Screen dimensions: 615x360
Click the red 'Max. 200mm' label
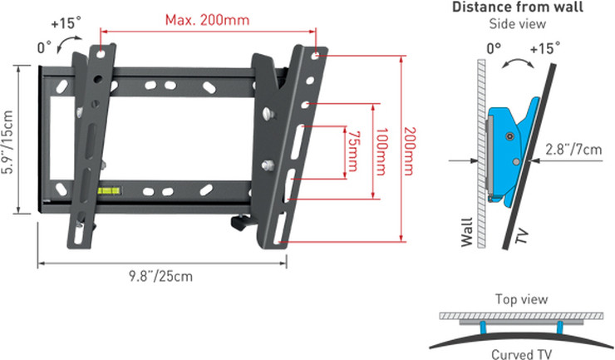click(x=207, y=20)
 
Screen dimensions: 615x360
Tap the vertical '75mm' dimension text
click(x=352, y=151)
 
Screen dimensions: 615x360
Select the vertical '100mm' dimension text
click(x=381, y=151)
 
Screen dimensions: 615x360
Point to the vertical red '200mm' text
click(x=409, y=151)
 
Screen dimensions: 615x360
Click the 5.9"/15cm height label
click(x=7, y=142)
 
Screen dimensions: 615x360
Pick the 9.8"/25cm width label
click(x=160, y=276)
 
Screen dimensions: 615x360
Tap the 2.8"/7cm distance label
click(x=573, y=149)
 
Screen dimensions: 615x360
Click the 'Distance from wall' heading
click(x=518, y=7)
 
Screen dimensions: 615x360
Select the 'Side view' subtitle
click(x=517, y=23)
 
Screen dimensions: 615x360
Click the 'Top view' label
click(x=521, y=299)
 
